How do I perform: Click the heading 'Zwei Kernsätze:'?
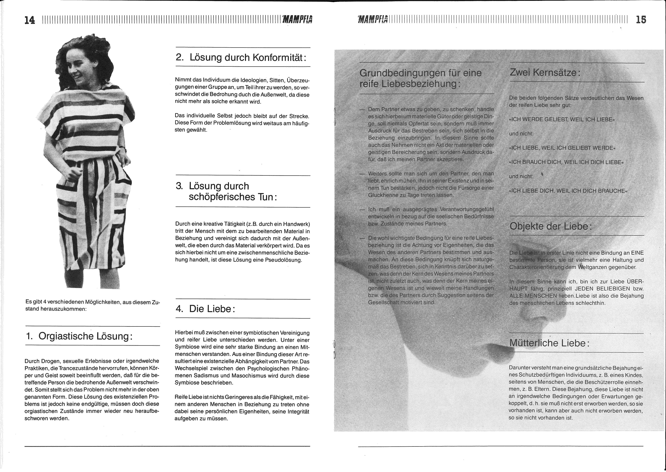coord(545,72)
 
